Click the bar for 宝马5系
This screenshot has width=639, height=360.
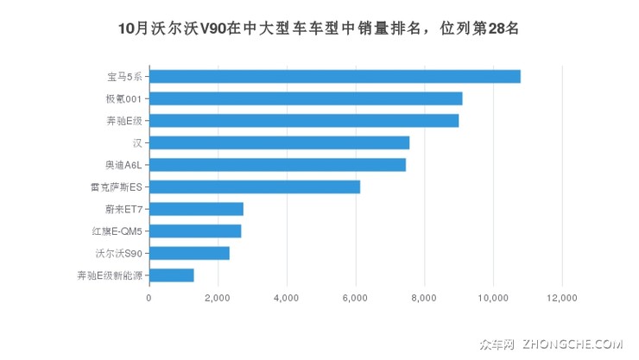tap(334, 76)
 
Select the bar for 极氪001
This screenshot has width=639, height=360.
tap(306, 98)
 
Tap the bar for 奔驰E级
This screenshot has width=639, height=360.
tap(304, 121)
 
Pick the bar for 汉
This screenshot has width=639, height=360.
tap(279, 142)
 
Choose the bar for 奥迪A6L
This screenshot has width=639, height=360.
tap(277, 165)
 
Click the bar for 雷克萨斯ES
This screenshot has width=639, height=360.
tap(255, 186)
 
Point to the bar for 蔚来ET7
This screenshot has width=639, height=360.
tap(196, 209)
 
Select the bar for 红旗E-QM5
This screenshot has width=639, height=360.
tap(195, 231)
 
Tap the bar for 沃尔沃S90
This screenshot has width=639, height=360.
tap(189, 253)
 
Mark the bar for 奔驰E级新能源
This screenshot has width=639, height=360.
tap(171, 275)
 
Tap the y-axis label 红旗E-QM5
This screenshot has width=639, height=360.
tap(117, 231)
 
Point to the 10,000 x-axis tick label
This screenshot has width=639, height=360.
tap(493, 298)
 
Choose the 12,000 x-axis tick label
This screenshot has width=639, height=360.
tap(562, 298)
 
